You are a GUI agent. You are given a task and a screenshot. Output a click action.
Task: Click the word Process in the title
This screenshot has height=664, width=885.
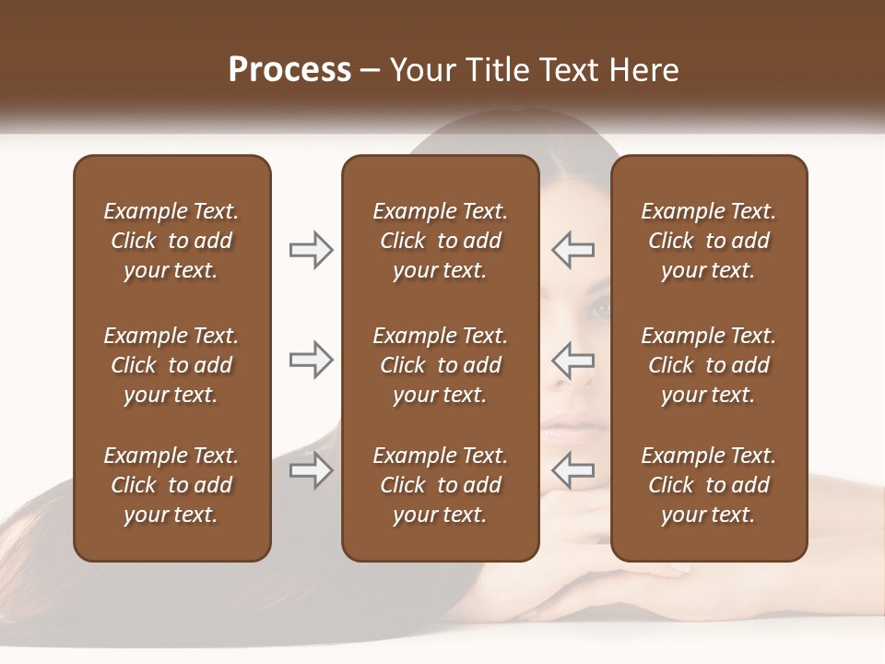(x=289, y=70)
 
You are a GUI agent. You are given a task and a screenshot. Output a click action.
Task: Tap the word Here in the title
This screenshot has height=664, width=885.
(x=643, y=70)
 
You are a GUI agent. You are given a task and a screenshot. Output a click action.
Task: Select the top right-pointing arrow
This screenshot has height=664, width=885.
(x=311, y=250)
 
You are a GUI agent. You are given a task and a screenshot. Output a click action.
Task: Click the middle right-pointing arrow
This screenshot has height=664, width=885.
(x=311, y=360)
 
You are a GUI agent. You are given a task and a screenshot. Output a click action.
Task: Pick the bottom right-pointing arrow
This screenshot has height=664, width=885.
(x=311, y=471)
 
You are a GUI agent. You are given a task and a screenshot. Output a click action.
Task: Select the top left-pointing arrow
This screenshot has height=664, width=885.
(x=573, y=250)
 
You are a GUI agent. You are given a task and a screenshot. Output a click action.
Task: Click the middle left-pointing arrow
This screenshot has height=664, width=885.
(x=573, y=360)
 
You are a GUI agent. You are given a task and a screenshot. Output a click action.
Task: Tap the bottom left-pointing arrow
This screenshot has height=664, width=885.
(x=573, y=471)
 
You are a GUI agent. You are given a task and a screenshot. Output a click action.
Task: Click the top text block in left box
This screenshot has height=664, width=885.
(x=171, y=241)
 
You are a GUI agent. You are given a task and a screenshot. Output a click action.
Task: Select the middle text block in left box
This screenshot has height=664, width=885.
(x=171, y=365)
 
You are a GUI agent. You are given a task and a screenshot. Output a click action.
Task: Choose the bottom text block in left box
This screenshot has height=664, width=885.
(x=171, y=485)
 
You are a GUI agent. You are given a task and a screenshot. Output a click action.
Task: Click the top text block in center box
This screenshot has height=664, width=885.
(x=440, y=241)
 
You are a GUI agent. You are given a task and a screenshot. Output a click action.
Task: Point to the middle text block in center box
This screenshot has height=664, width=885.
(x=440, y=365)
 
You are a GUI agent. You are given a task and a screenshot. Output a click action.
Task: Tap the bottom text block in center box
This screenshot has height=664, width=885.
(x=440, y=485)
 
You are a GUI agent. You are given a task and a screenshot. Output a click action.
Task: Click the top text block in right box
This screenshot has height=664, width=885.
(x=708, y=241)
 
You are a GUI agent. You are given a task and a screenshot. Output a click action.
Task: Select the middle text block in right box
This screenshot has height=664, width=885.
(x=708, y=365)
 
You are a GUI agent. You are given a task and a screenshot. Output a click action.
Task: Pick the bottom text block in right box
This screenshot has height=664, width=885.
(x=708, y=485)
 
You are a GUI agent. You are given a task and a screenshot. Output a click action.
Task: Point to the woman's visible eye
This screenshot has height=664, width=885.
(x=600, y=310)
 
